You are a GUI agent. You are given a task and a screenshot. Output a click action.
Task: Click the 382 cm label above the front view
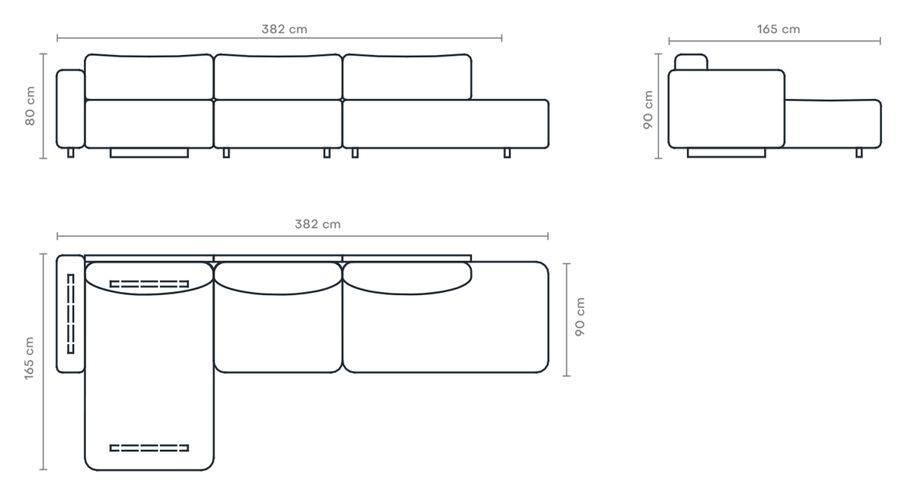pos(285,29)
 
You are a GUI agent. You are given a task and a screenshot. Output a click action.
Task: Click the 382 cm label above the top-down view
pos(318,224)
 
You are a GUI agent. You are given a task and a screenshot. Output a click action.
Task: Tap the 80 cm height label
pos(30,106)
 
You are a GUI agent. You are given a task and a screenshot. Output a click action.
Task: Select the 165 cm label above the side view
pos(778,29)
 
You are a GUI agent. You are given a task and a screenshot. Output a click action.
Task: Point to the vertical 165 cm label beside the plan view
pos(29,358)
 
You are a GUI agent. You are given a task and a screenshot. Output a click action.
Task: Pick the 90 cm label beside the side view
pos(648,109)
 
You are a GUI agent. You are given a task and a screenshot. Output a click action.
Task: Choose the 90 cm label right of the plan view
pos(580,317)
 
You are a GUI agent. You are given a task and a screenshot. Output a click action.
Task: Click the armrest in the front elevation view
pos(70,109)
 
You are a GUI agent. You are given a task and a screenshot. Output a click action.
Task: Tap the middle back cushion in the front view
pos(278,77)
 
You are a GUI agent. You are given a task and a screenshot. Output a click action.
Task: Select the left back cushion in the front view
pos(149,77)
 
